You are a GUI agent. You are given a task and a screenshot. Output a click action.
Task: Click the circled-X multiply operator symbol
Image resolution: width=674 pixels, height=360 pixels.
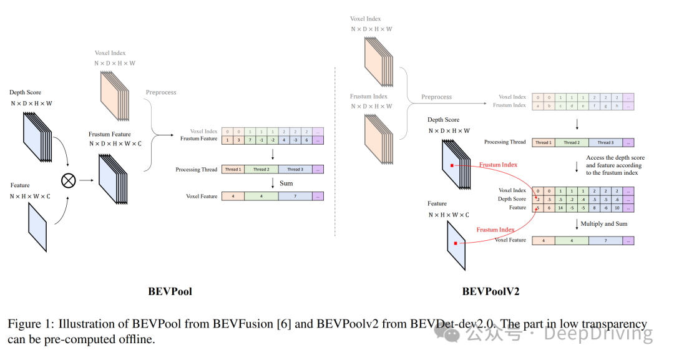coord(68,180)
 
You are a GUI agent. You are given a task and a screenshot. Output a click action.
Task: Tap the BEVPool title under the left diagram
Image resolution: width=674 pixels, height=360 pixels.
coord(170,291)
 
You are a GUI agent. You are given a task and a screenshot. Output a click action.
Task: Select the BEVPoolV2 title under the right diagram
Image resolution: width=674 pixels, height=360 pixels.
coord(491,291)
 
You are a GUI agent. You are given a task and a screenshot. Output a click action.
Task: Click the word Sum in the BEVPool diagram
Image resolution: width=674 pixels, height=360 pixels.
coord(286,183)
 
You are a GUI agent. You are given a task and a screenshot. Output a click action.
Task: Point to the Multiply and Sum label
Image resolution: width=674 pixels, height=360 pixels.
coord(604,223)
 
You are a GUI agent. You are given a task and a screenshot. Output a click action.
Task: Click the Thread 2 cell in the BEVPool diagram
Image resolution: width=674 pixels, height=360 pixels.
coord(261,170)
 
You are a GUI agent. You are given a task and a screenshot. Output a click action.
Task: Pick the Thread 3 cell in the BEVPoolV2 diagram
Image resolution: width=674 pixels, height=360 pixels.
coord(605,143)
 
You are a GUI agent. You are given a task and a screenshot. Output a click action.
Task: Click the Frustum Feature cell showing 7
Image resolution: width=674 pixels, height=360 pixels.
coord(250,140)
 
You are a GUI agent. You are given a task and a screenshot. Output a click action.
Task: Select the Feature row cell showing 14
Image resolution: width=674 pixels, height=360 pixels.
coord(560,208)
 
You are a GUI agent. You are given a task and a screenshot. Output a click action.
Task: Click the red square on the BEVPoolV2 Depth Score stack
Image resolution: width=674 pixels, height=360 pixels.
coord(452,166)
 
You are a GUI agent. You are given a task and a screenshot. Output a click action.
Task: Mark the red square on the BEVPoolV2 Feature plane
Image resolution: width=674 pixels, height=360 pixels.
coord(456,243)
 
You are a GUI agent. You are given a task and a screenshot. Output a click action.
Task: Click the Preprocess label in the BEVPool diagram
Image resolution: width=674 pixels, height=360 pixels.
coord(161,92)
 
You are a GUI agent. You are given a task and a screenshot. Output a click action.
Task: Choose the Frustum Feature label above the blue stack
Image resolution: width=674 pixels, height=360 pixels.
coord(110,134)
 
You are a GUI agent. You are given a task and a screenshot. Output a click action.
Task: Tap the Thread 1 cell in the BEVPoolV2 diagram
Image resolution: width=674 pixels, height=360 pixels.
coord(542,143)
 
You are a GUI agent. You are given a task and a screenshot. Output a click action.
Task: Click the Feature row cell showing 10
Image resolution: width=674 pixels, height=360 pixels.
coord(617,208)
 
